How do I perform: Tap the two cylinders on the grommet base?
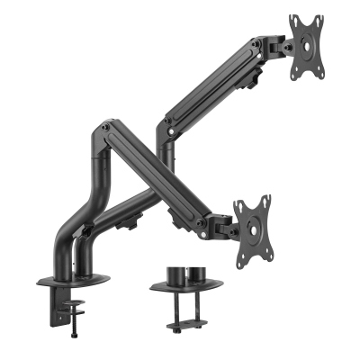184,272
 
